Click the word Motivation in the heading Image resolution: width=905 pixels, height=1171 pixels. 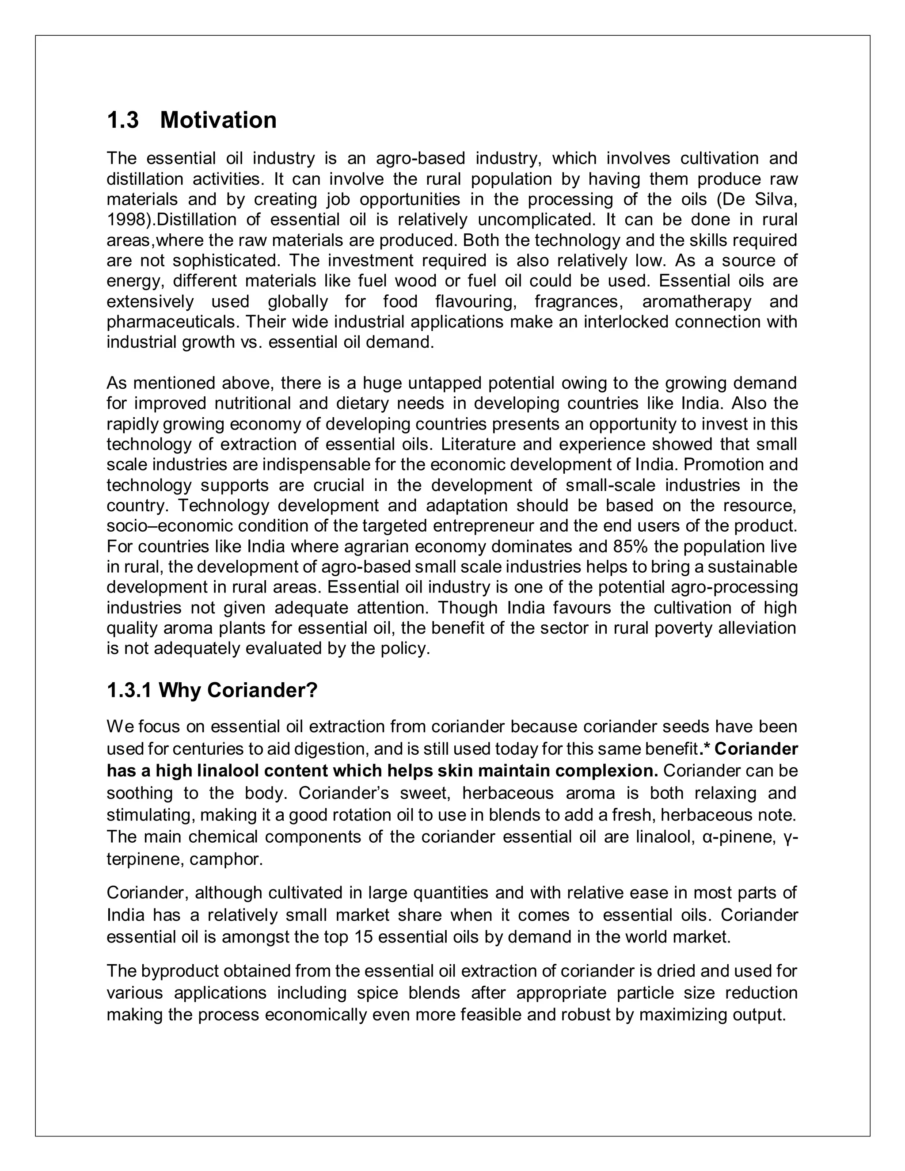pyautogui.click(x=218, y=120)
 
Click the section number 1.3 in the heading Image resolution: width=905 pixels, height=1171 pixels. pyautogui.click(x=123, y=120)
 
